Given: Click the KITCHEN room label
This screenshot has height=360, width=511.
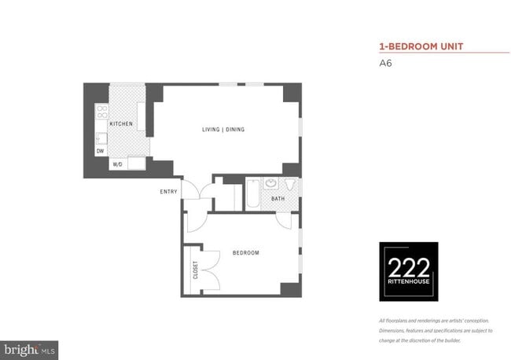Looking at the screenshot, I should click(120, 124).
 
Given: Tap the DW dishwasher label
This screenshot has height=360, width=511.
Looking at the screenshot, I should click(101, 150).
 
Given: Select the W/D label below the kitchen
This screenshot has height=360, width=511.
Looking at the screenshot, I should click(117, 164).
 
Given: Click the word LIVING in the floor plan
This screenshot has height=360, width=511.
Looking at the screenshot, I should click(211, 129).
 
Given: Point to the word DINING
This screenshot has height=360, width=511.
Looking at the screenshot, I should click(236, 129).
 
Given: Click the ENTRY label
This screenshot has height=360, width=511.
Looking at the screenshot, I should click(168, 192).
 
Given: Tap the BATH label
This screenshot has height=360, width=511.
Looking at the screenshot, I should click(278, 199).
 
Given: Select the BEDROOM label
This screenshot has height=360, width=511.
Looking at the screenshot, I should click(245, 252).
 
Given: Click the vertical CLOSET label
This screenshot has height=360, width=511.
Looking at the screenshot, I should click(195, 270).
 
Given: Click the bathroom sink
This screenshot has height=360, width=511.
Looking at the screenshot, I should click(271, 185).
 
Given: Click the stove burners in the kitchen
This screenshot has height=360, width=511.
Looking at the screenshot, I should click(101, 112).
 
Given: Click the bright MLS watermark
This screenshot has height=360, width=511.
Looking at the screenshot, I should click(30, 347).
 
